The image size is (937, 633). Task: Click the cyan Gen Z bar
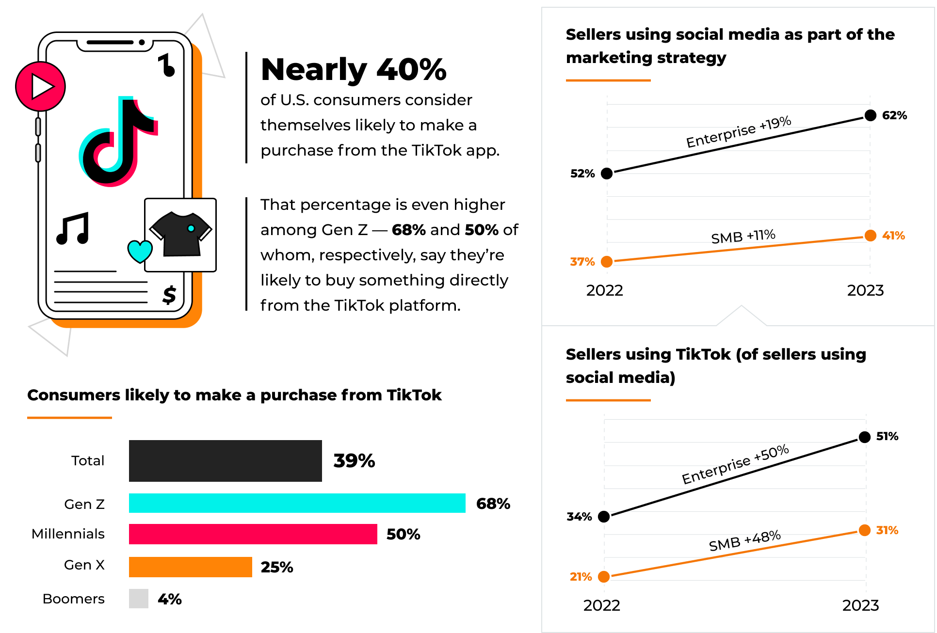[297, 503]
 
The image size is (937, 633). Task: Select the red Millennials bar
[253, 534]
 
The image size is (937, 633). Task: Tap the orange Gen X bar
[190, 567]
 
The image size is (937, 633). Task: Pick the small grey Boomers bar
[138, 598]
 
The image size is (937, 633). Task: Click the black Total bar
[225, 460]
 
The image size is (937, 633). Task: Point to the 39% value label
[354, 460]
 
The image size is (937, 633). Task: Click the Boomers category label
[74, 599]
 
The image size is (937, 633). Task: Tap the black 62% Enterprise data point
[871, 115]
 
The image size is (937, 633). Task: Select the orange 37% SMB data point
[607, 262]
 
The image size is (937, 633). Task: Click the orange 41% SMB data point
[871, 236]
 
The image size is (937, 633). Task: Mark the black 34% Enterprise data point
[604, 517]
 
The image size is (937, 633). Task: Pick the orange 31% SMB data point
[865, 530]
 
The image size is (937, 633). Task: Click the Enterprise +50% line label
[735, 464]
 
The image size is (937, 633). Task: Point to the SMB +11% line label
[743, 237]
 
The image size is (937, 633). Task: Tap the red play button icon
[40, 87]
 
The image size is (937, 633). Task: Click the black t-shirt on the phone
[181, 234]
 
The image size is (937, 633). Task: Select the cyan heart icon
[140, 251]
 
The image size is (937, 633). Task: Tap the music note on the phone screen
[73, 228]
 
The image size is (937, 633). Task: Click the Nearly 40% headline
[354, 69]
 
